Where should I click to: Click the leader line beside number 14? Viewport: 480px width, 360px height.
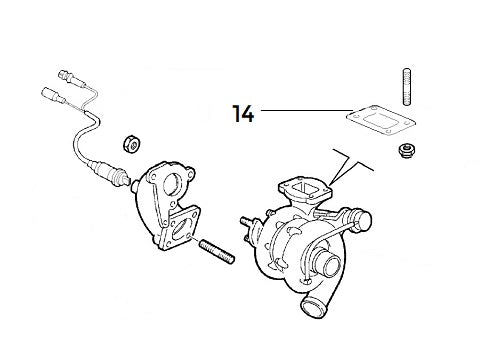pos(300,109)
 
